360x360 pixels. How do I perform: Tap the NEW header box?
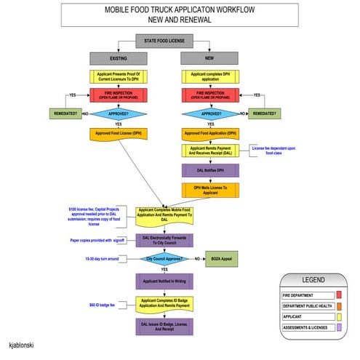click(209, 57)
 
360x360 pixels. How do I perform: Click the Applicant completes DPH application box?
click(209, 76)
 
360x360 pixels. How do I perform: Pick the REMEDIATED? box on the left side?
click(65, 113)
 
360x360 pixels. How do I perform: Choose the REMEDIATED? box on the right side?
click(263, 113)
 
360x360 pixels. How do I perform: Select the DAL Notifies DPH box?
click(209, 171)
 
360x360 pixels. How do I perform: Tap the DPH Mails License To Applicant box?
click(209, 189)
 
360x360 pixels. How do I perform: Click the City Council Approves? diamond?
click(164, 258)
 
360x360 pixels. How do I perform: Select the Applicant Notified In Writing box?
click(164, 281)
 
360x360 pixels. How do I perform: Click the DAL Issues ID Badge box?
click(164, 327)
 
